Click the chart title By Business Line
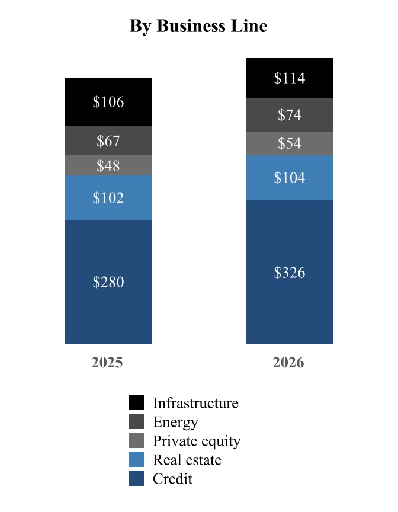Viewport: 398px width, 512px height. pyautogui.click(x=198, y=26)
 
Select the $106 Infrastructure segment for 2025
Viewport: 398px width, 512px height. pyautogui.click(x=108, y=102)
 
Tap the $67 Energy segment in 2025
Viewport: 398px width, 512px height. pyautogui.click(x=108, y=140)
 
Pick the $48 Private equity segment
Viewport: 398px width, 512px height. pyautogui.click(x=108, y=165)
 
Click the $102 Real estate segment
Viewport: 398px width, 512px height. pyautogui.click(x=108, y=198)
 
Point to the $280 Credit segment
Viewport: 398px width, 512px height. pyautogui.click(x=108, y=282)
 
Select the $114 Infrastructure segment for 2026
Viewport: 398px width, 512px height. pyautogui.click(x=290, y=78)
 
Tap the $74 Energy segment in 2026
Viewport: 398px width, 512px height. pyautogui.click(x=290, y=115)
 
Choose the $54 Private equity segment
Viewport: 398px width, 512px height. pyautogui.click(x=290, y=143)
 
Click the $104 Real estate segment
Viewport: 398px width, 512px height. pyautogui.click(x=290, y=178)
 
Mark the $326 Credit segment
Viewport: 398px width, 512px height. pyautogui.click(x=290, y=272)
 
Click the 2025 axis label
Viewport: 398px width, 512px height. pyautogui.click(x=107, y=363)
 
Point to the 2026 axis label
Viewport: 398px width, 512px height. pyautogui.click(x=288, y=363)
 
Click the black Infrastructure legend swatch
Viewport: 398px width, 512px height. pyautogui.click(x=136, y=402)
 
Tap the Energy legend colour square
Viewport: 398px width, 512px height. pyautogui.click(x=136, y=421)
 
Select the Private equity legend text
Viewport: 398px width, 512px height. pyautogui.click(x=197, y=441)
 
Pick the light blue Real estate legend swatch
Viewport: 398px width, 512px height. pyautogui.click(x=136, y=459)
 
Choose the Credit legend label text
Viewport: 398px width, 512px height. pyautogui.click(x=172, y=479)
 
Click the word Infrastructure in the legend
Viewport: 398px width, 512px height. pyautogui.click(x=195, y=403)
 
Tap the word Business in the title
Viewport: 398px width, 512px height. pyautogui.click(x=191, y=26)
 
